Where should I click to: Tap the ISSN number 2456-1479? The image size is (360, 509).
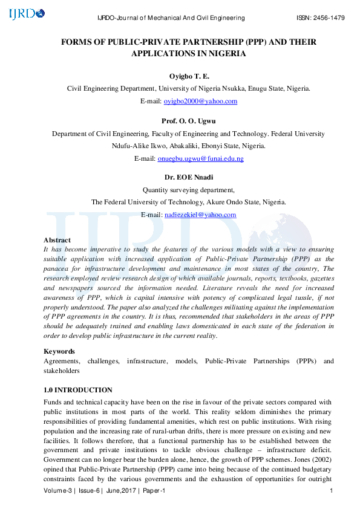coord(329,18)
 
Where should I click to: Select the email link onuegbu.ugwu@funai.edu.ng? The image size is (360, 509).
coord(200,158)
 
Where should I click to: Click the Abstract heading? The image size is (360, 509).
coord(57,240)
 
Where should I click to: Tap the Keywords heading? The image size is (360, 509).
coord(59,351)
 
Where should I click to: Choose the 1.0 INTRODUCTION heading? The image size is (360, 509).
coord(78,390)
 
